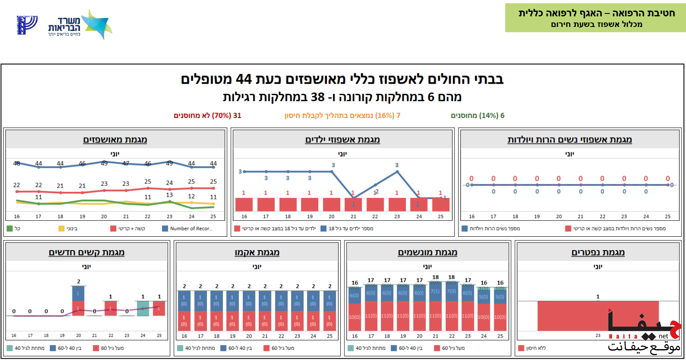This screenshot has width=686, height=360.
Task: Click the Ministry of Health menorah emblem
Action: [x=27, y=25]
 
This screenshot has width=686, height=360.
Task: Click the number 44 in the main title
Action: [x=244, y=79]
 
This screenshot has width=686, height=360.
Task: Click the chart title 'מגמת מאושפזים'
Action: [x=115, y=140]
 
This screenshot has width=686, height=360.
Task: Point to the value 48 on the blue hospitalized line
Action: [x=17, y=163]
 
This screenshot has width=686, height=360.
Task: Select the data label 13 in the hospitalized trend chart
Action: [x=169, y=195]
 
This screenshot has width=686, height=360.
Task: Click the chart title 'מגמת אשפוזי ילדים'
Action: [x=342, y=140]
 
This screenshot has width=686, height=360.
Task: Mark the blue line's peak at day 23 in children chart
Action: [x=397, y=171]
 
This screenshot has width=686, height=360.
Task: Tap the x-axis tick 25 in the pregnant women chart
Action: [x=668, y=216]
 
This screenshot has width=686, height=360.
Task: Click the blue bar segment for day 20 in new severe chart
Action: [x=78, y=293]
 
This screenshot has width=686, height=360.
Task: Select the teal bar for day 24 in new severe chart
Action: [x=143, y=309]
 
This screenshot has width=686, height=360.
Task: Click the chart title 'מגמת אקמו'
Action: [x=257, y=252]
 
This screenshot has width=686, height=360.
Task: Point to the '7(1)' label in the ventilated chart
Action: [x=435, y=291]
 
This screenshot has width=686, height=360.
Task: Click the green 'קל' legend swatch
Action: [x=10, y=229]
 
